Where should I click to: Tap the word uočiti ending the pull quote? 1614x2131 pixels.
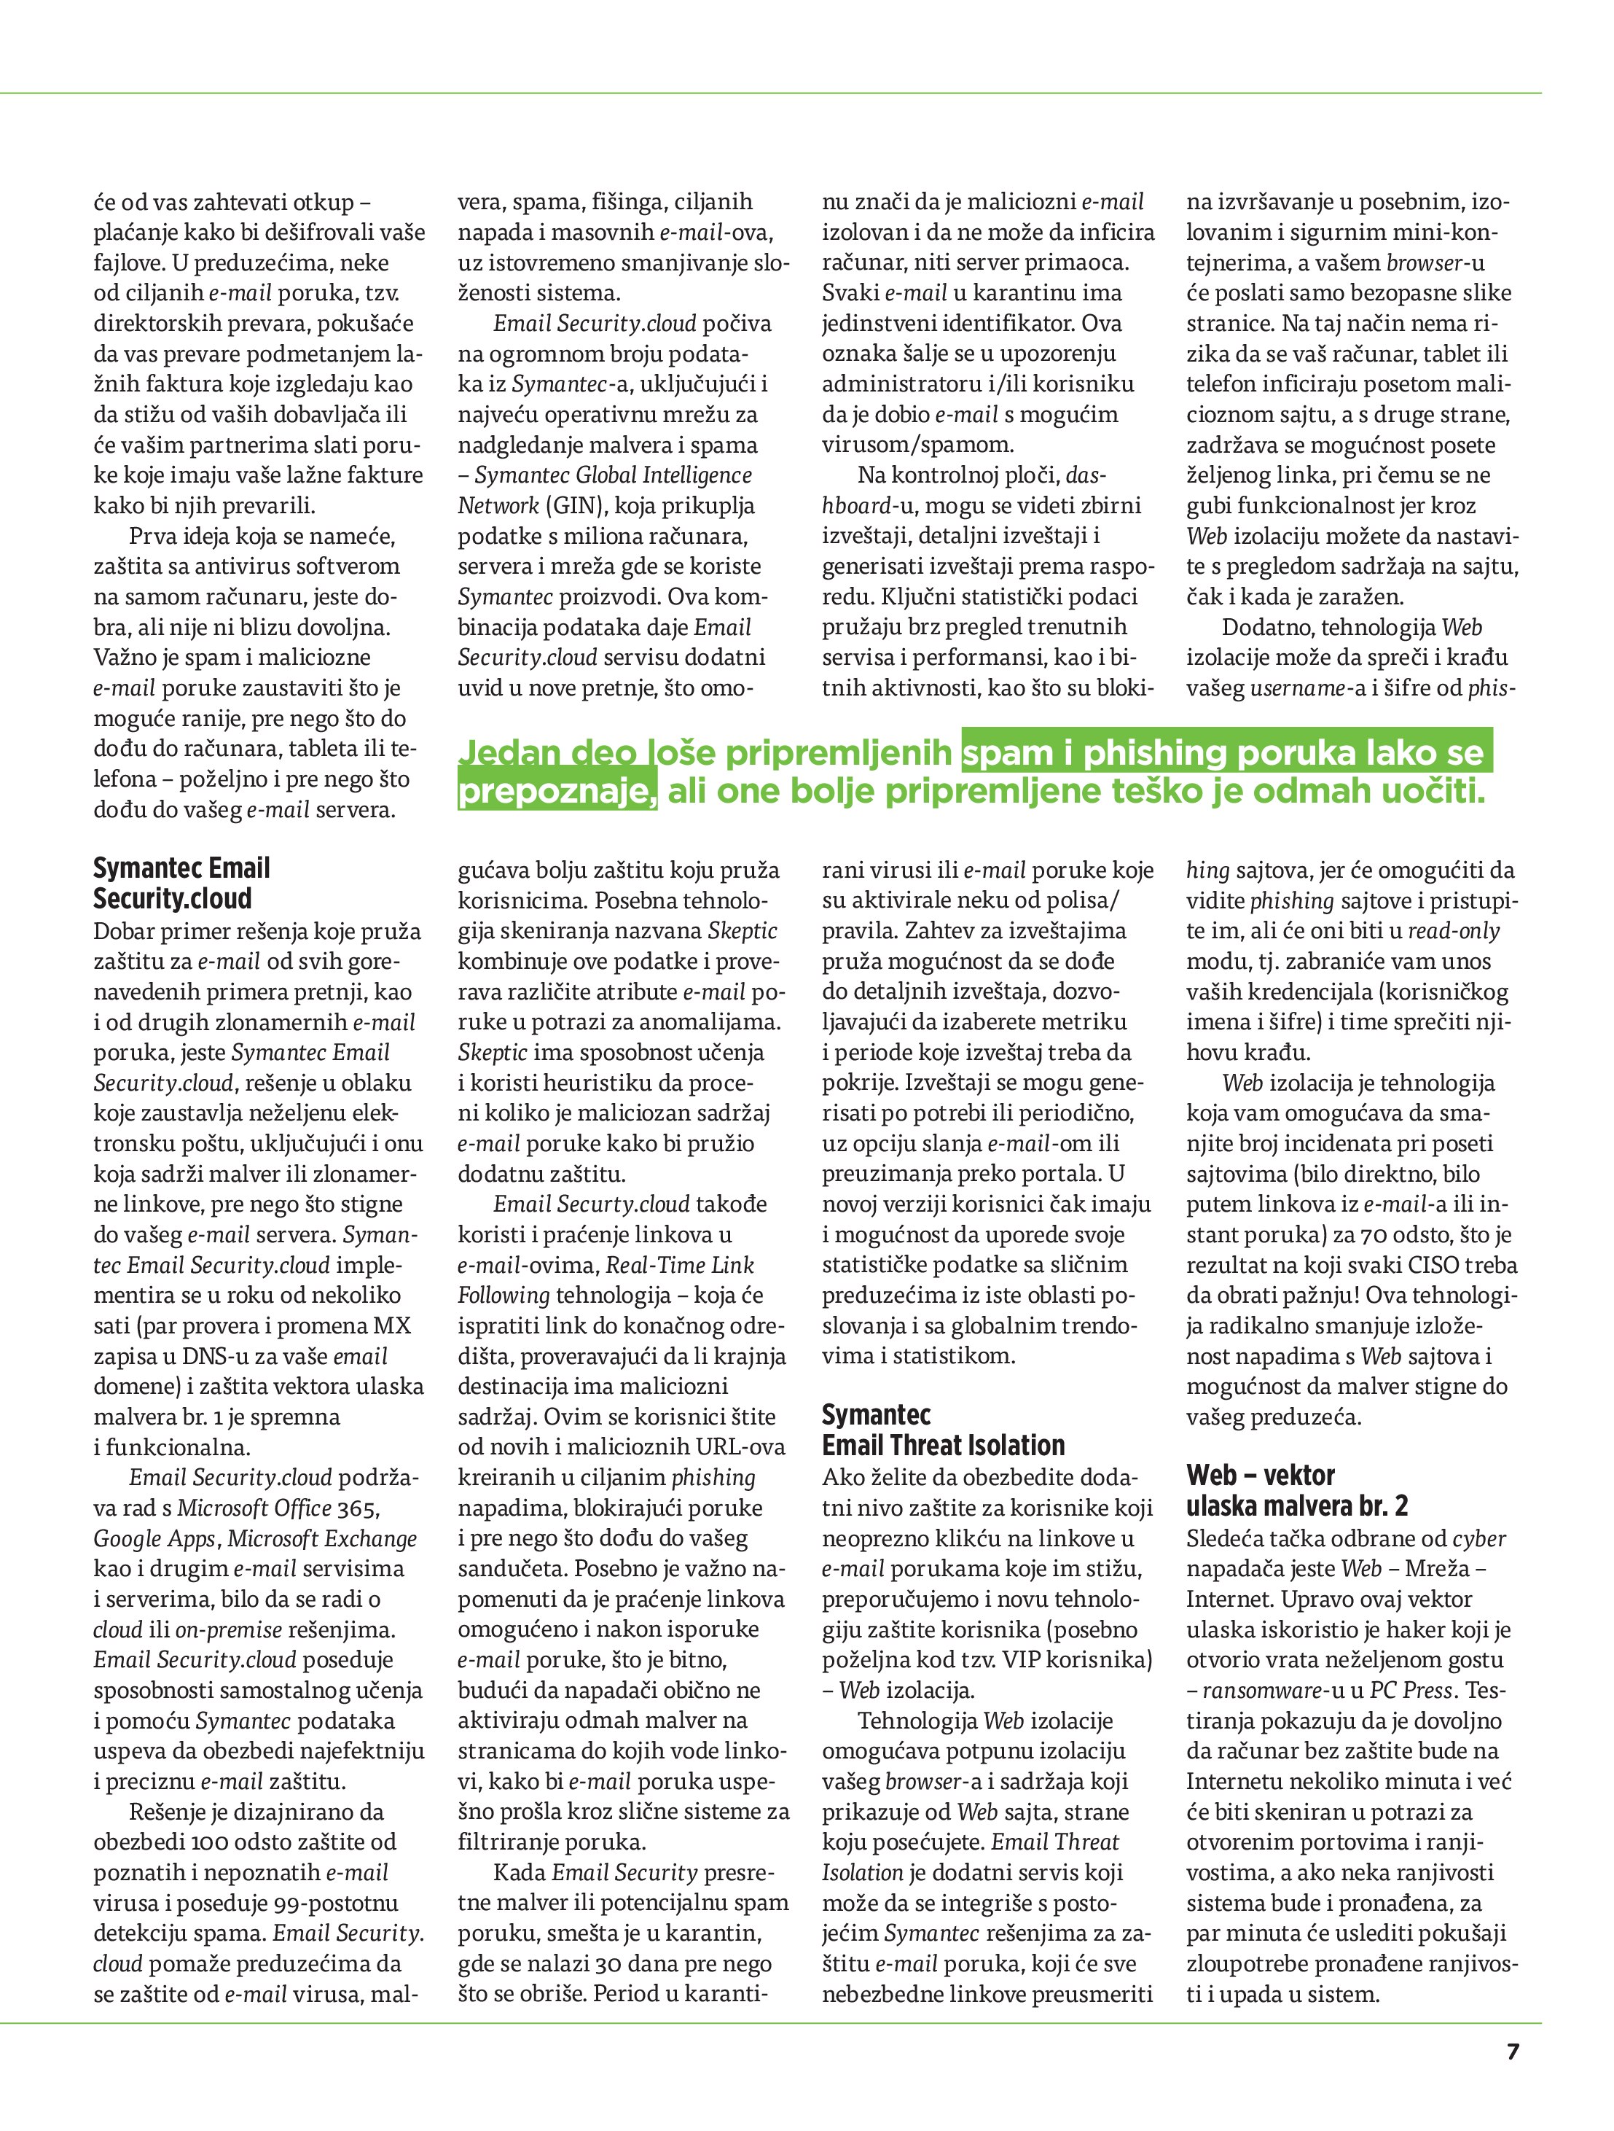point(1432,792)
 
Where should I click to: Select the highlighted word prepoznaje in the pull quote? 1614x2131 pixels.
point(556,792)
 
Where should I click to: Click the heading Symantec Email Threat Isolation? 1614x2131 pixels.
point(943,1430)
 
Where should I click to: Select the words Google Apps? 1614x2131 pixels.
point(154,1538)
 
